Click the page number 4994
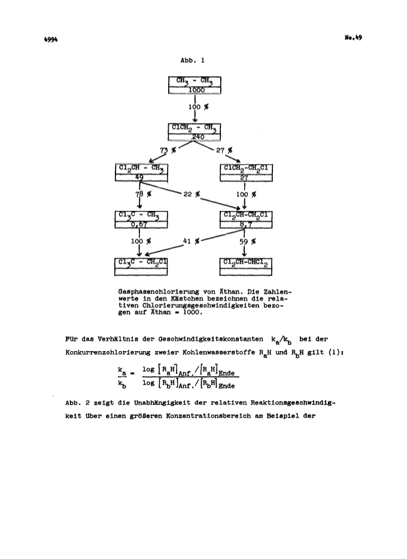(x=51, y=40)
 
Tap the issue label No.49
(x=353, y=37)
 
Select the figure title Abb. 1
(x=192, y=61)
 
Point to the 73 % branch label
(x=168, y=150)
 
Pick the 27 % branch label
(x=224, y=150)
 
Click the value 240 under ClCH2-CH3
(x=198, y=137)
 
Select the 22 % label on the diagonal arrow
(x=191, y=194)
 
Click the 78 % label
(x=143, y=194)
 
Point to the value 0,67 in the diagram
(x=139, y=225)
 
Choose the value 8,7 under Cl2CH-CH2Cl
(x=245, y=225)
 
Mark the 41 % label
(x=191, y=241)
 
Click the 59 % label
(x=247, y=241)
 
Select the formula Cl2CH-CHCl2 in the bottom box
(x=245, y=263)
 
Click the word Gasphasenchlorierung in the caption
(x=159, y=292)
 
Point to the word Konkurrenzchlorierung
(x=108, y=352)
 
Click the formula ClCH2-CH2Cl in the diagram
(x=245, y=168)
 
